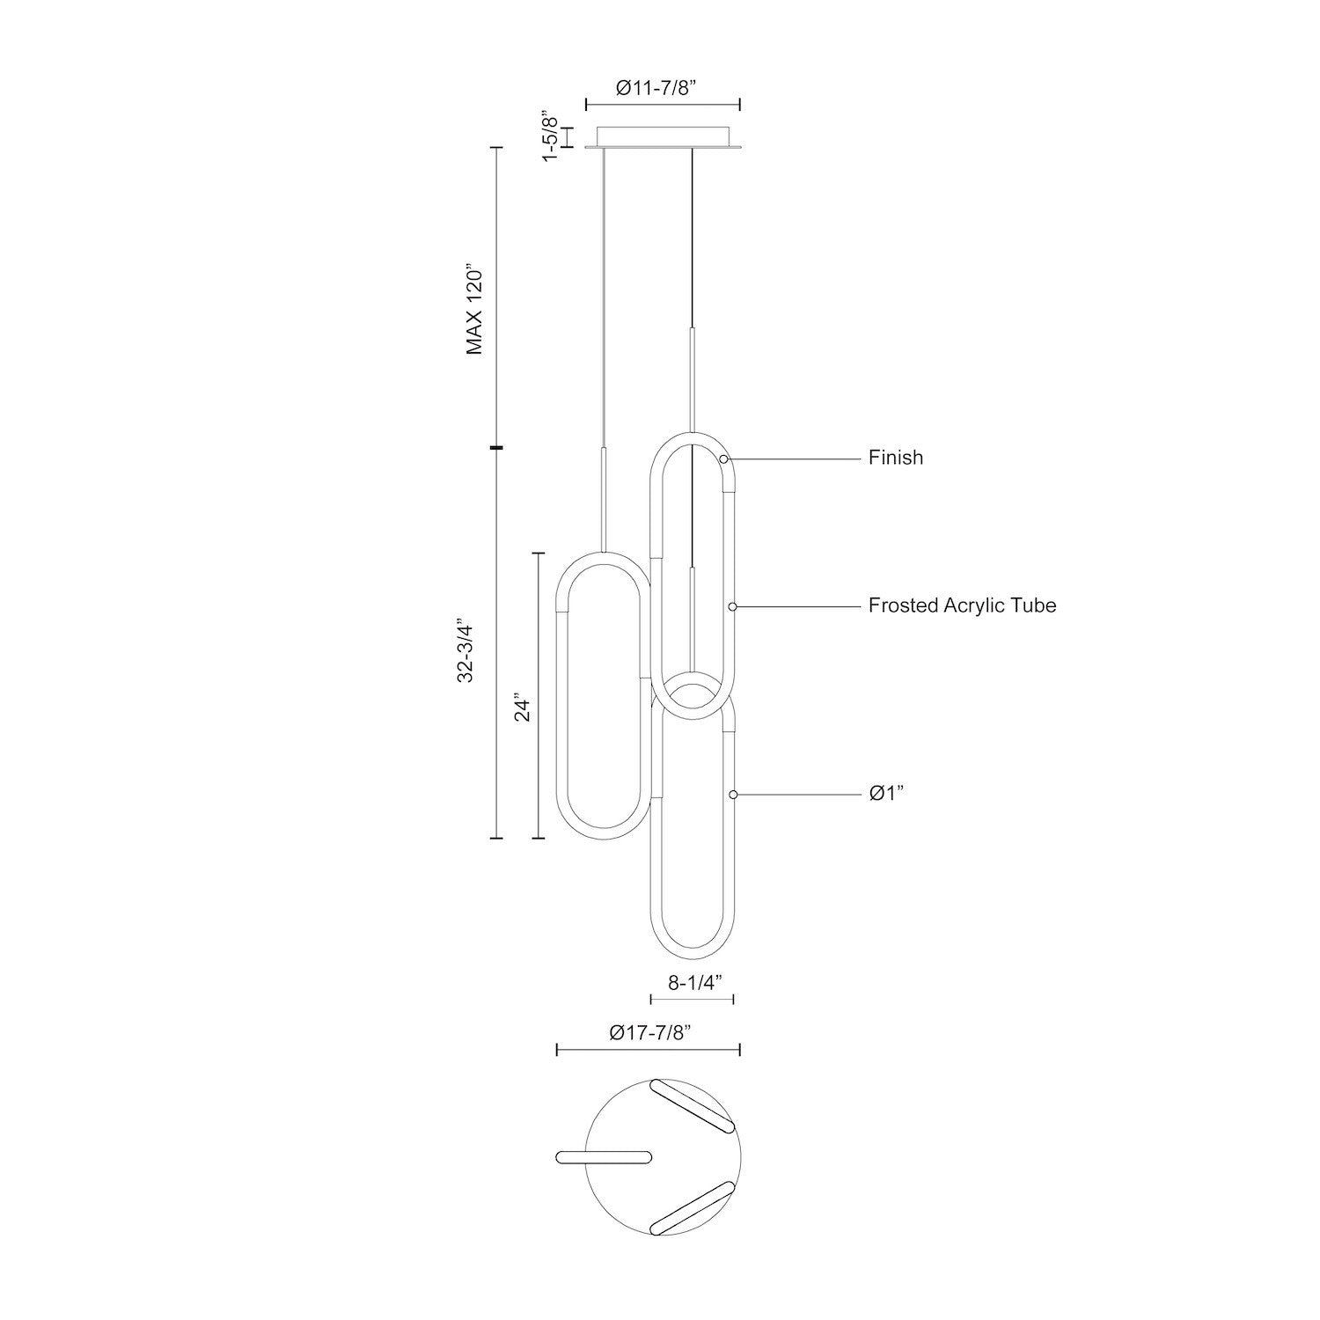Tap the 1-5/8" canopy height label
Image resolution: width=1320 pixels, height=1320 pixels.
550,136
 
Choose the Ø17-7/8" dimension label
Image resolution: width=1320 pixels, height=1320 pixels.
647,1034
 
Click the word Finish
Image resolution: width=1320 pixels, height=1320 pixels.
896,458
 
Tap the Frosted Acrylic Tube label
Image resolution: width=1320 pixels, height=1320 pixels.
962,605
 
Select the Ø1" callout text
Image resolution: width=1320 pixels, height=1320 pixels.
887,794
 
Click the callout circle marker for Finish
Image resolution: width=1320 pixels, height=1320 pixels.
723,459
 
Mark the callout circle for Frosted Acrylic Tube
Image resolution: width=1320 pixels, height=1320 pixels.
732,606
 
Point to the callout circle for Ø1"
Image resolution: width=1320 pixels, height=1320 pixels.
732,794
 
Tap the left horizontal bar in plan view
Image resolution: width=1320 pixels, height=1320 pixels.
603,1158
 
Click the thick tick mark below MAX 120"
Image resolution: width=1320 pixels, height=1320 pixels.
496,448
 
